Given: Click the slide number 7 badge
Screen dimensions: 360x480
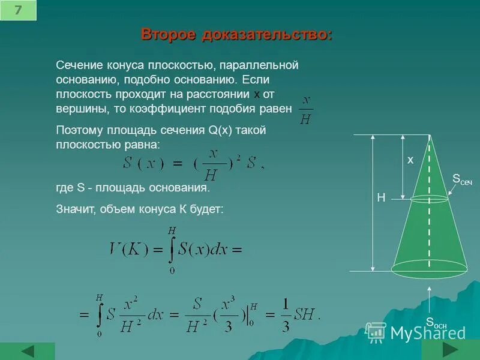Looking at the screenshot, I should [x=18, y=10].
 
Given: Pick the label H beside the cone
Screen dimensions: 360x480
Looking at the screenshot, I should [x=380, y=197].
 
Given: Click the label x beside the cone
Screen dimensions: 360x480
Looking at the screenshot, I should [x=410, y=160].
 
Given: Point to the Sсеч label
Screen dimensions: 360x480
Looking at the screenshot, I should [x=462, y=179].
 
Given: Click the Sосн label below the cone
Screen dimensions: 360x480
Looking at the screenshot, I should [x=436, y=323].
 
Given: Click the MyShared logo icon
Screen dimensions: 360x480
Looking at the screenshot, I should [x=376, y=331].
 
